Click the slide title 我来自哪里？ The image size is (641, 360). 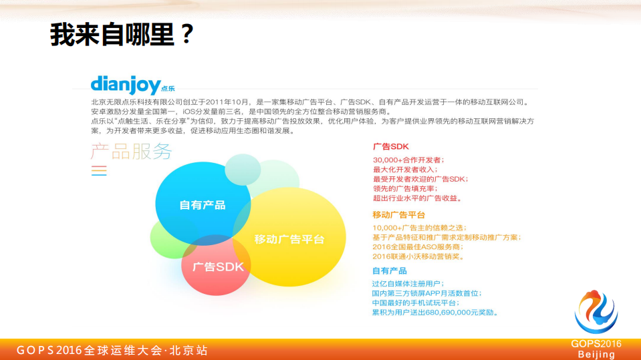pos(122,35)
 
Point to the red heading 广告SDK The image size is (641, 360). pos(390,146)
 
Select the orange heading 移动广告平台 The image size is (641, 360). pos(398,215)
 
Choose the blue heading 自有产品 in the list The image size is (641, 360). pos(389,271)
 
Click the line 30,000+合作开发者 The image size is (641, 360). pos(408,160)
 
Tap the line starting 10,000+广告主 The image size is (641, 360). pos(418,228)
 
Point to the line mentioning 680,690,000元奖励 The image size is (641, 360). pos(434,312)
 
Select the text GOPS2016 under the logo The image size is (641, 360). pos(596,343)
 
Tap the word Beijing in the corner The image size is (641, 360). pos(596,354)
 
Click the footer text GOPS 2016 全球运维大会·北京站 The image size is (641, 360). pos(112,350)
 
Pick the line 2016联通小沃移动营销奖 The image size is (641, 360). pos(418,256)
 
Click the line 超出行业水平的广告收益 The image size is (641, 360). pos(417,198)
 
